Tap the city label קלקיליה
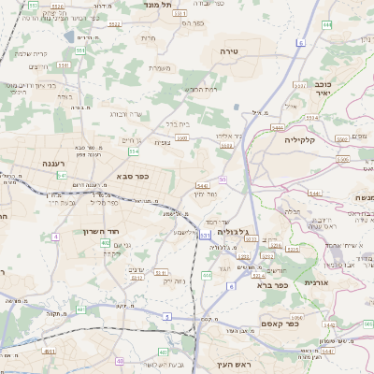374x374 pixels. click(x=304, y=138)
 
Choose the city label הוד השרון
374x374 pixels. click(x=104, y=230)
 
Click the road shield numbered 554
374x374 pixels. click(x=135, y=151)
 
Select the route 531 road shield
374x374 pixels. click(x=205, y=236)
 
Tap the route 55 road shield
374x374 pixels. click(x=223, y=179)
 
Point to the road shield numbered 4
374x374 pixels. click(x=55, y=237)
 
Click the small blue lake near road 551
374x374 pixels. click(x=70, y=37)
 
